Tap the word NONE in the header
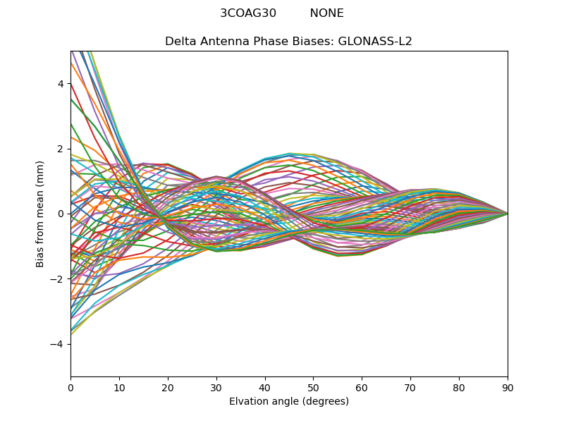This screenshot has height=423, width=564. tap(326, 13)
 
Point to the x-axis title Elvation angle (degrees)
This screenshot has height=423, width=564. tap(289, 401)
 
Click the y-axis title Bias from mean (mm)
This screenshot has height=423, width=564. tap(40, 214)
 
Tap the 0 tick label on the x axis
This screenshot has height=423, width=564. tap(70, 387)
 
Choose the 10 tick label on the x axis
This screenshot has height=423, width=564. tap(119, 387)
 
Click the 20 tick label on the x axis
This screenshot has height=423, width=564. tap(168, 387)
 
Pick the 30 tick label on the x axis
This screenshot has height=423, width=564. tap(216, 387)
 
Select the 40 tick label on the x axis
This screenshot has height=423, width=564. tap(265, 387)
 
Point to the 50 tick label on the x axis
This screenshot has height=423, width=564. tap(313, 387)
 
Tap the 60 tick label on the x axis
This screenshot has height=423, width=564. tap(362, 387)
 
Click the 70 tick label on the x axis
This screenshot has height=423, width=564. tap(410, 387)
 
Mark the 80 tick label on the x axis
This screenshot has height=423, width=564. tap(459, 387)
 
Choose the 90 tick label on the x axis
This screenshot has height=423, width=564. tap(508, 387)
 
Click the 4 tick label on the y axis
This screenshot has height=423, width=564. tap(61, 84)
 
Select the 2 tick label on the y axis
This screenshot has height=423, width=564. tap(61, 149)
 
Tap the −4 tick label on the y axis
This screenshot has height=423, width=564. tap(58, 344)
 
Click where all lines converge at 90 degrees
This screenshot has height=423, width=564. tap(507, 214)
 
